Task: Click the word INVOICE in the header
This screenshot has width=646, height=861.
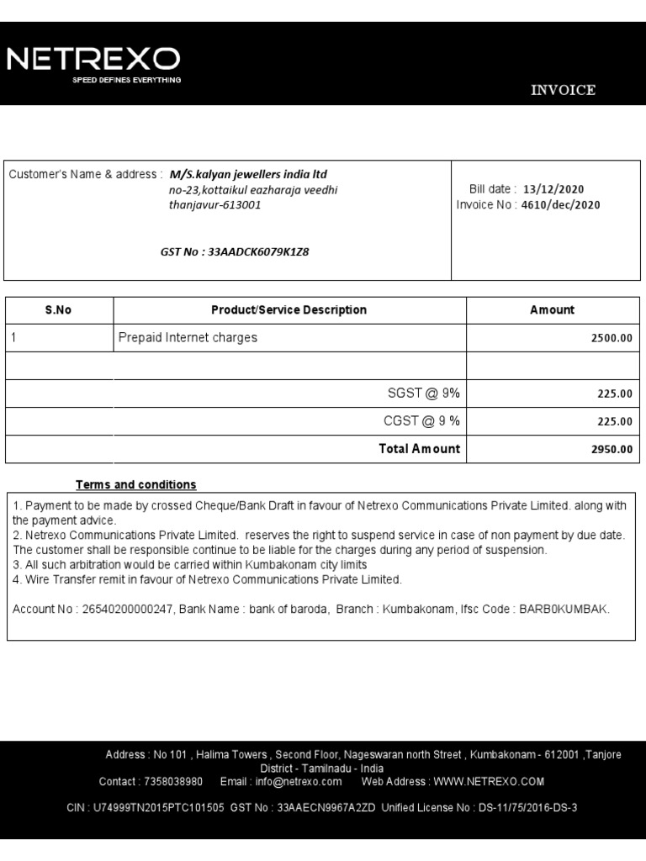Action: [563, 91]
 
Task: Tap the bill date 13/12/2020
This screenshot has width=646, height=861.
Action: [553, 189]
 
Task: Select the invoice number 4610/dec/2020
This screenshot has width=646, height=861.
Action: [560, 205]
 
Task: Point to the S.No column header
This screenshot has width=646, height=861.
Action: [58, 310]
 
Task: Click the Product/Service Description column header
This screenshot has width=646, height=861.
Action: [289, 310]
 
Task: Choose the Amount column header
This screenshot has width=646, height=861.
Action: [552, 310]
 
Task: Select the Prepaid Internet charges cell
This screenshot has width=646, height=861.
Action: [188, 338]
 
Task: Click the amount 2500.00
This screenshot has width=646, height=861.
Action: [612, 339]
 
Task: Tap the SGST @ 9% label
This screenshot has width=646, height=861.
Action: [424, 394]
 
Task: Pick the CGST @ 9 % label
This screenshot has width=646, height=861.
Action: [422, 421]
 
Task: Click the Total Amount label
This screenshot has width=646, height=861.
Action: [419, 449]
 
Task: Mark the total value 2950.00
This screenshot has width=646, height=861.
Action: [612, 450]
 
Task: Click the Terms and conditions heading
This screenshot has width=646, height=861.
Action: [135, 485]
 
